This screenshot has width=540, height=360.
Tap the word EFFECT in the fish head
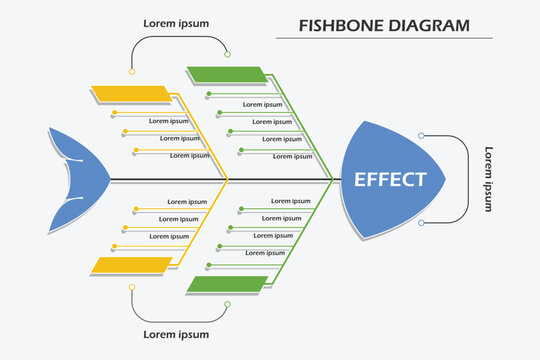(x=390, y=180)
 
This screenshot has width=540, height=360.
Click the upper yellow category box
(x=131, y=94)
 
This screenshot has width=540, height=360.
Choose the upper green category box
(x=227, y=73)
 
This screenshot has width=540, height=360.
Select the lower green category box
(x=227, y=285)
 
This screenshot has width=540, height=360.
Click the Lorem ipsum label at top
(x=176, y=21)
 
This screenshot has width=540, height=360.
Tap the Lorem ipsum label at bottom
(x=176, y=334)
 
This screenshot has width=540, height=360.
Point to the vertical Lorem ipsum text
(x=489, y=179)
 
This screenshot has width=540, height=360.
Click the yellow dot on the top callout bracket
(x=131, y=72)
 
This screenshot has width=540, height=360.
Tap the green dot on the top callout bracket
(x=228, y=54)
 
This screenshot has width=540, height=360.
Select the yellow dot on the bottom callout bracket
(x=131, y=286)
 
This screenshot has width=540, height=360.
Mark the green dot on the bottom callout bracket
(x=228, y=304)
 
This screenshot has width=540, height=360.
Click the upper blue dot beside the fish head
(x=421, y=135)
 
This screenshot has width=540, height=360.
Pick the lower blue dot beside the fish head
(x=421, y=223)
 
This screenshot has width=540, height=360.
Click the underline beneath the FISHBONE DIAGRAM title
(x=384, y=38)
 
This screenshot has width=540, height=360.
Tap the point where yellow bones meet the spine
(x=229, y=180)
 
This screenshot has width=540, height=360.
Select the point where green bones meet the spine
(x=332, y=180)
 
